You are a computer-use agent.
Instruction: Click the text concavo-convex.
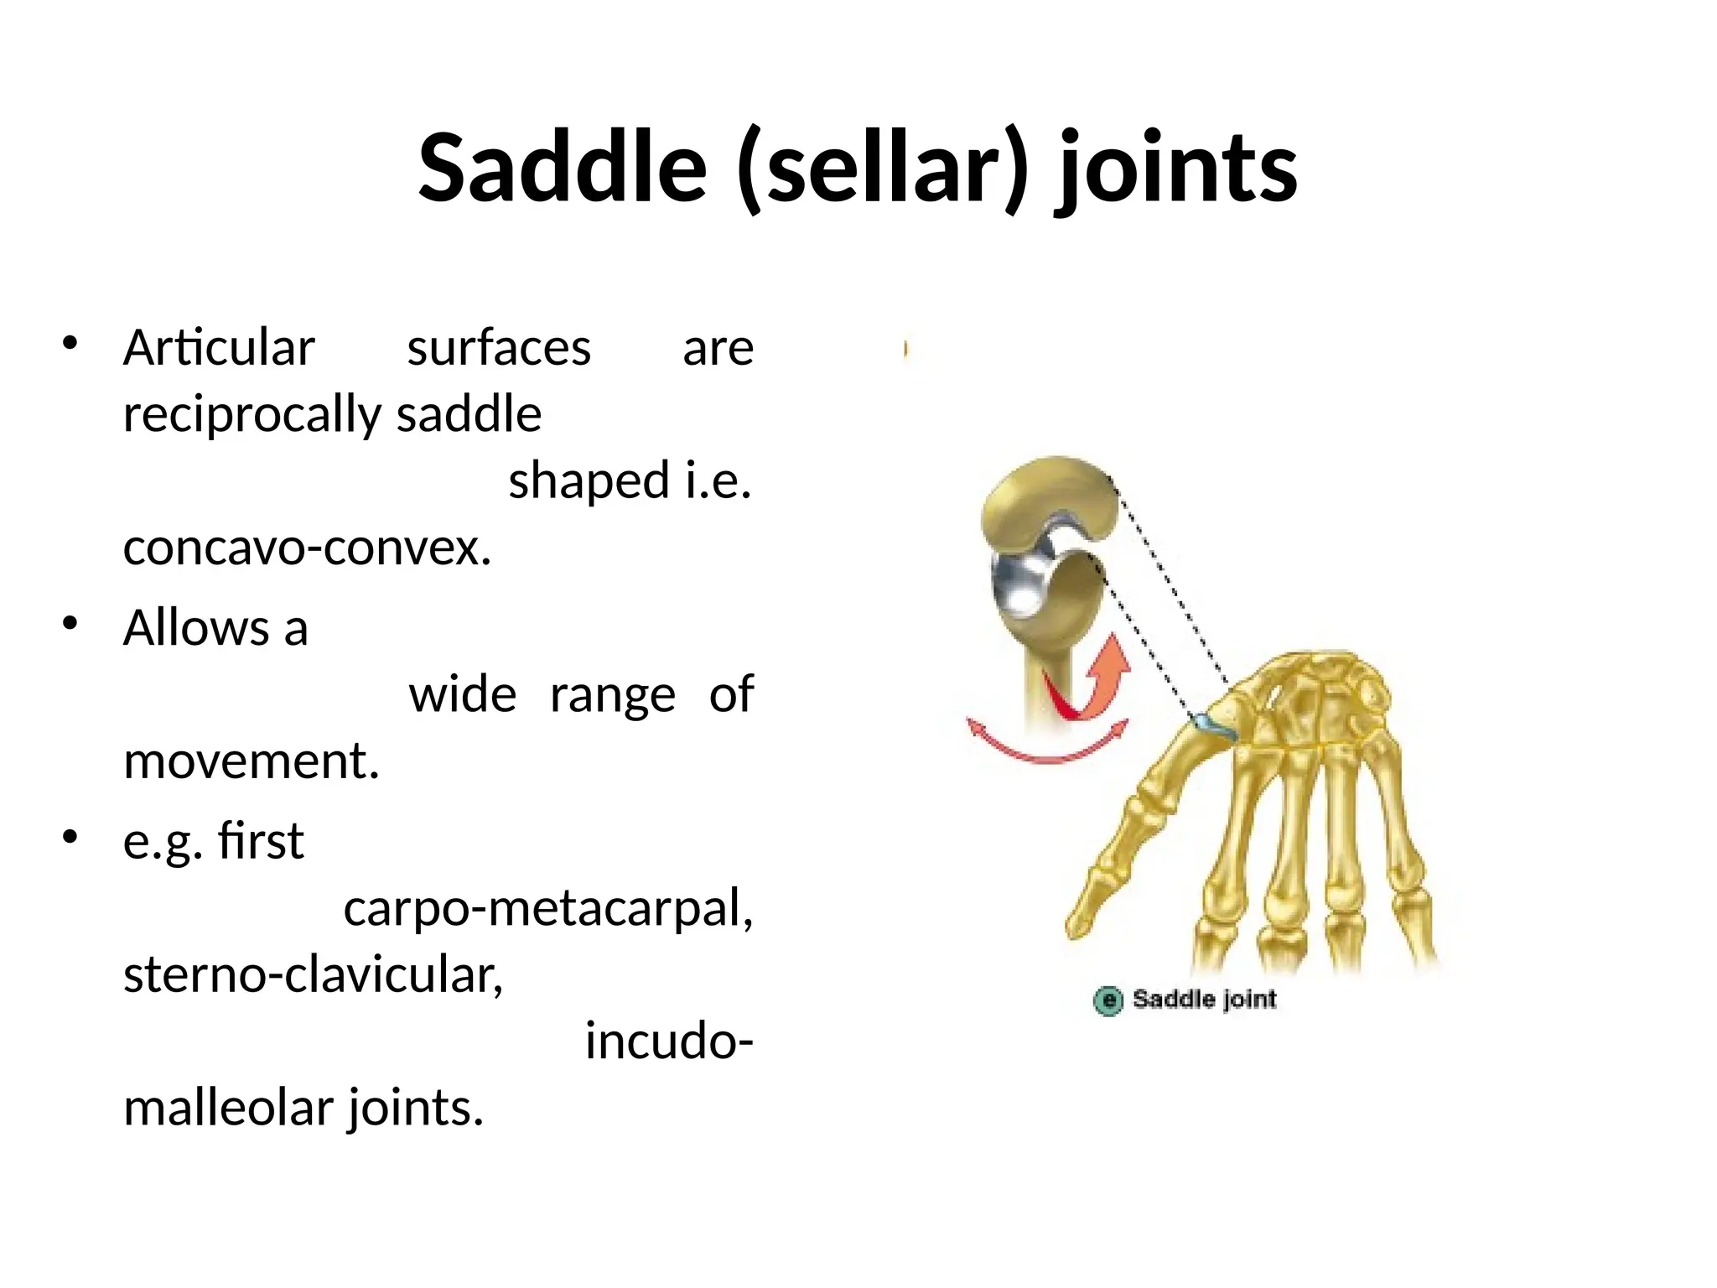tap(307, 548)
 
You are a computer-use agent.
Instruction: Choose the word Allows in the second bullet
tap(195, 627)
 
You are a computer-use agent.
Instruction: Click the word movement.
tap(251, 761)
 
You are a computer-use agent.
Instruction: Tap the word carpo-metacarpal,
tap(548, 907)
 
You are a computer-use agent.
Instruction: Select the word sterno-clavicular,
tap(313, 974)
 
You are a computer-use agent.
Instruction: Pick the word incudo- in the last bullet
tap(668, 1041)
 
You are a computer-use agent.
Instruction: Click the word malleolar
tap(228, 1108)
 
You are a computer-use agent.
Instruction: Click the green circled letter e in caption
tap(1107, 1000)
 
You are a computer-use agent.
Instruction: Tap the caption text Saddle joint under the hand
tap(1204, 999)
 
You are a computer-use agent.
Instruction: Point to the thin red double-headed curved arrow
tap(1047, 750)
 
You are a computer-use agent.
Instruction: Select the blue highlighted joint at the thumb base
tap(1215, 725)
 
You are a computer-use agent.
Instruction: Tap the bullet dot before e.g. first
tap(70, 837)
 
